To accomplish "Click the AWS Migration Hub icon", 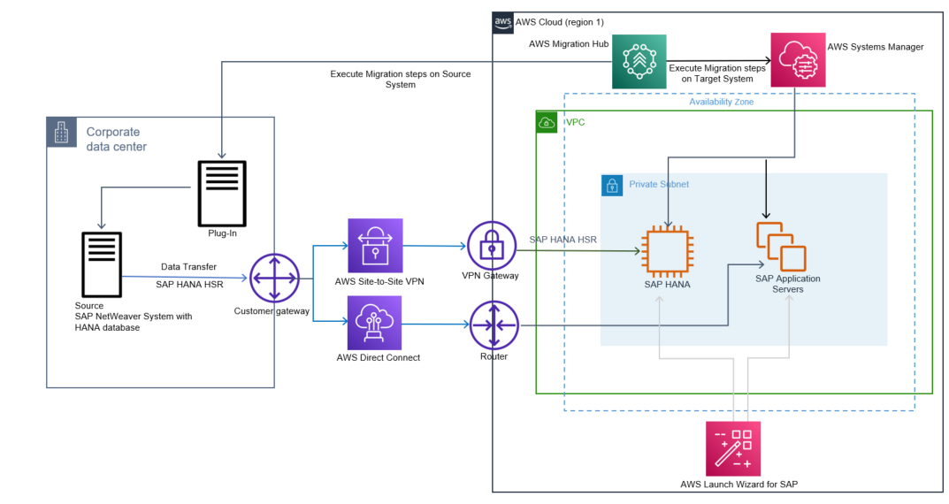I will (639, 61).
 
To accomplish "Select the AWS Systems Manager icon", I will (797, 60).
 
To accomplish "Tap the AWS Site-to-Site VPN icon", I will (375, 245).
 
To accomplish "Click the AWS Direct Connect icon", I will (375, 323).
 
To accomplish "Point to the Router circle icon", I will (492, 325).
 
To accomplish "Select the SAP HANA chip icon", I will (667, 249).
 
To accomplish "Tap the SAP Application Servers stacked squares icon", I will (780, 247).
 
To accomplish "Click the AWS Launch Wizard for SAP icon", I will (733, 448).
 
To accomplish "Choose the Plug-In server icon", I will (221, 193).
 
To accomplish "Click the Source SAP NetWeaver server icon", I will (101, 263).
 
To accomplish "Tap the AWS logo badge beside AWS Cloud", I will (502, 22).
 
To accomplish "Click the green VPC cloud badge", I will (547, 122).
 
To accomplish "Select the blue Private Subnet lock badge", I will (611, 185).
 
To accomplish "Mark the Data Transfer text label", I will (188, 266).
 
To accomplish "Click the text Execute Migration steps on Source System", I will (400, 80).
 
